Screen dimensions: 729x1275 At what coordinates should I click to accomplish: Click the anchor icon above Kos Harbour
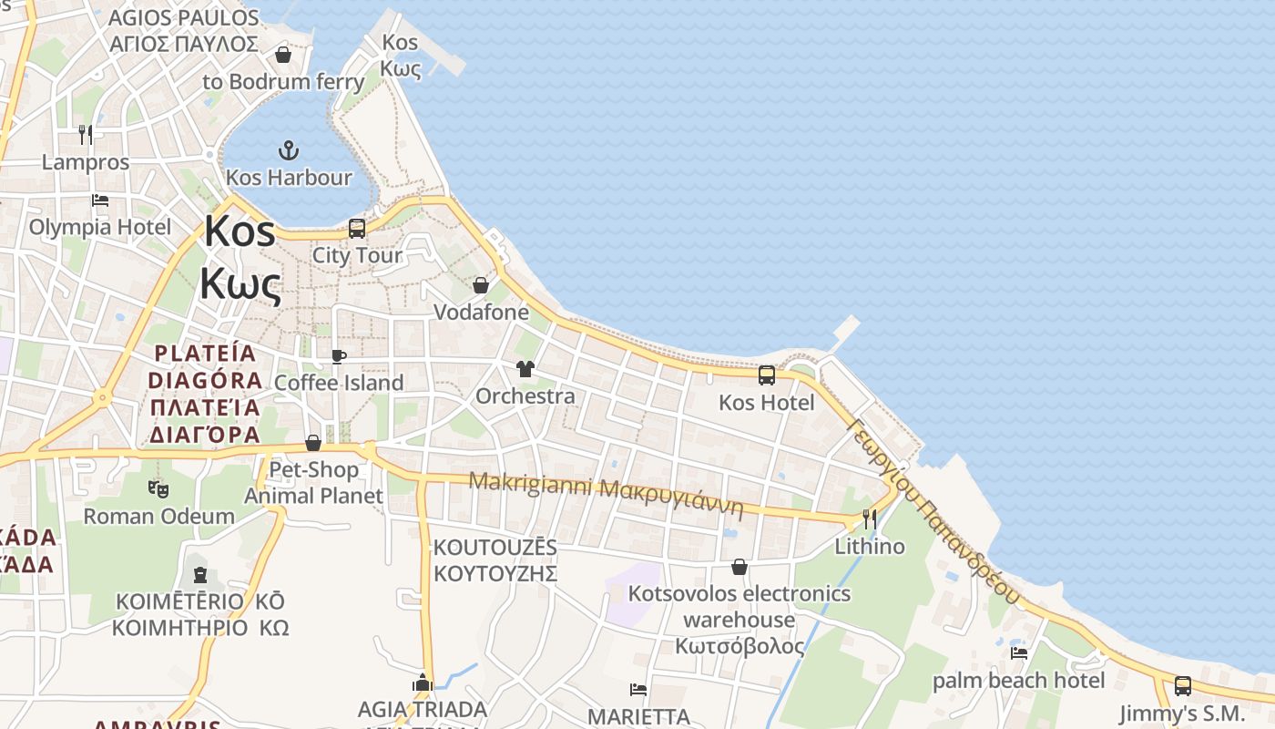click(x=288, y=149)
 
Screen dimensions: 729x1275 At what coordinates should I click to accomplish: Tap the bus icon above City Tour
click(x=357, y=228)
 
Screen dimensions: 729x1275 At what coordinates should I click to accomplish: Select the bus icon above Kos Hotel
click(x=767, y=375)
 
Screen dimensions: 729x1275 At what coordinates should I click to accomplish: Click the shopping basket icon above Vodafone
click(x=481, y=285)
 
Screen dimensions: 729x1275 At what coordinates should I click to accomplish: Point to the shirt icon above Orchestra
click(x=525, y=369)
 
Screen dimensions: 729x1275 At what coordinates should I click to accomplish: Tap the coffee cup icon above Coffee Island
click(x=339, y=356)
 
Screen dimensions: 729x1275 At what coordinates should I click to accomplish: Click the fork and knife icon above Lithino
click(x=870, y=519)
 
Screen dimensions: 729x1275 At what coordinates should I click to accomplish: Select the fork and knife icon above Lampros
click(x=86, y=135)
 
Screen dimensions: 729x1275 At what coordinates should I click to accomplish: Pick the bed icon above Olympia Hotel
click(x=100, y=200)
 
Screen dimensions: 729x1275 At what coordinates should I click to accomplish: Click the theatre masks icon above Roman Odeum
click(x=159, y=489)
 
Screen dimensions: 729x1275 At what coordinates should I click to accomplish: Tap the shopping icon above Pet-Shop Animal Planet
click(x=313, y=443)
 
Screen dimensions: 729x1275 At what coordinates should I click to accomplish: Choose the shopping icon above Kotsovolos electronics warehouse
click(x=739, y=567)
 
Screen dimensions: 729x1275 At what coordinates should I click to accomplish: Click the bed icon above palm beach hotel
click(x=1019, y=652)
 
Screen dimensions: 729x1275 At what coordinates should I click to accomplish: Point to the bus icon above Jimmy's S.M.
click(x=1182, y=685)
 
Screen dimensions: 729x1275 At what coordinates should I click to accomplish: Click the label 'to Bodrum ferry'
click(x=283, y=81)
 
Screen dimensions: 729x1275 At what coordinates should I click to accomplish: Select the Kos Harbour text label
click(x=289, y=177)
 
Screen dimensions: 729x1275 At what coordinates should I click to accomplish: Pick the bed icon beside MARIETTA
click(x=638, y=690)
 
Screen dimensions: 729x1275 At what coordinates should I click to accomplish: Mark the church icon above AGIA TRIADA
click(x=422, y=682)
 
